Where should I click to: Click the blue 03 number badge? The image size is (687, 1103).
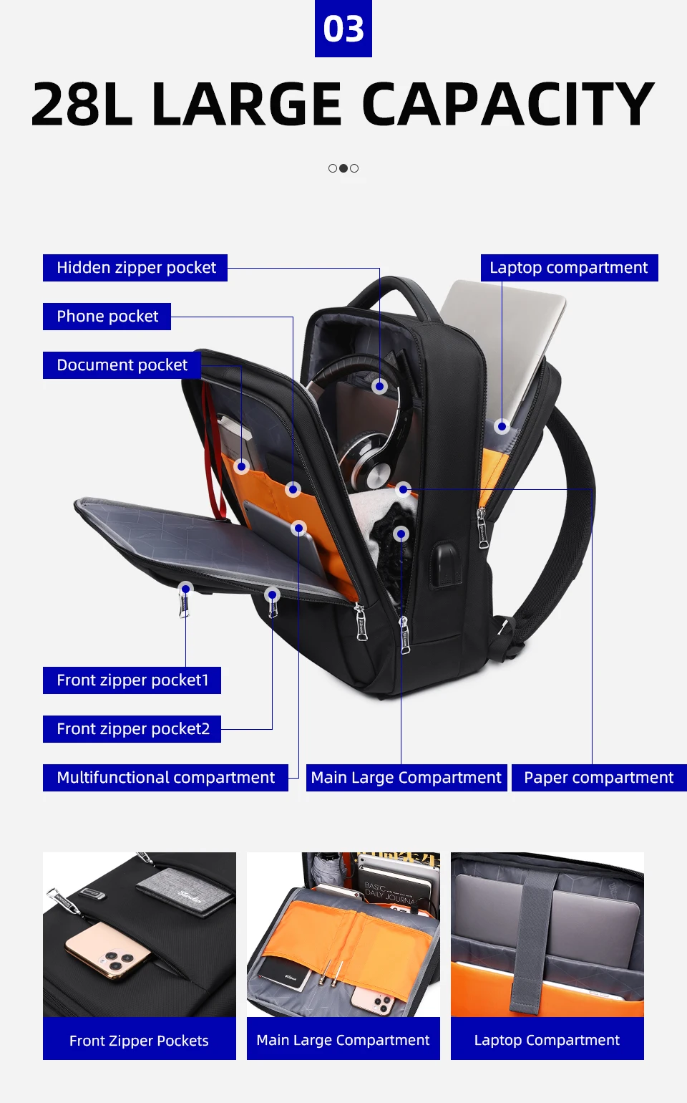click(x=343, y=28)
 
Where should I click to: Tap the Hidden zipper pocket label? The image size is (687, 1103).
click(x=135, y=268)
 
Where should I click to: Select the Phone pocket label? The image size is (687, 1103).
click(x=107, y=317)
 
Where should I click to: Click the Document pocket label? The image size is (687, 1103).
click(x=122, y=365)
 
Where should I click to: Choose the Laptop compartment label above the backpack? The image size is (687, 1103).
click(x=570, y=268)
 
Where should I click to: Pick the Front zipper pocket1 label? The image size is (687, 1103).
click(x=132, y=680)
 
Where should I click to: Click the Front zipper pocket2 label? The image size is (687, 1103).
click(x=132, y=729)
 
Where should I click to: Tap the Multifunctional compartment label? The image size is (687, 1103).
click(x=165, y=778)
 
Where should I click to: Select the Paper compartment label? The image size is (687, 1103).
click(x=599, y=778)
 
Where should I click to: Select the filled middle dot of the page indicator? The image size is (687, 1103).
click(x=343, y=168)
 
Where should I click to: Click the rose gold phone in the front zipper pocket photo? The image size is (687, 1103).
click(x=108, y=951)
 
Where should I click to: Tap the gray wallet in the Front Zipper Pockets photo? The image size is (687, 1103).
click(x=185, y=892)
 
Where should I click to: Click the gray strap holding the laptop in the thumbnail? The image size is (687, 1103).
click(x=534, y=941)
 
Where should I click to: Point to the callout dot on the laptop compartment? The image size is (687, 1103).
click(x=502, y=426)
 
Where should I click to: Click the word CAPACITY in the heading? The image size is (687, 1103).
click(x=508, y=105)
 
